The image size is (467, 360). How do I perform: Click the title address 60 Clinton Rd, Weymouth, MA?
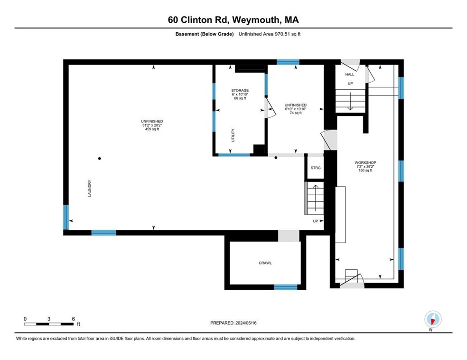click(x=233, y=19)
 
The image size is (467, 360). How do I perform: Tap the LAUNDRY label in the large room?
click(x=89, y=188)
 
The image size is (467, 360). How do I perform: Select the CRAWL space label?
click(x=265, y=263)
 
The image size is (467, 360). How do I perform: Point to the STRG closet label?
click(x=316, y=168)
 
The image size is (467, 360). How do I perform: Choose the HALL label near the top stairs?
click(x=349, y=75)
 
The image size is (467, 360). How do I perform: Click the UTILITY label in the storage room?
click(x=233, y=135)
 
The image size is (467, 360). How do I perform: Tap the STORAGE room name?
click(x=240, y=90)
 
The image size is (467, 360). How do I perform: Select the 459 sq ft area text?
click(x=152, y=130)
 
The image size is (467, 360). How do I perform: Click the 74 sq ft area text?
click(x=295, y=113)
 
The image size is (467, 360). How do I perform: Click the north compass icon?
click(x=432, y=319)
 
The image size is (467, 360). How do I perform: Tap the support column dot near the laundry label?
click(x=99, y=158)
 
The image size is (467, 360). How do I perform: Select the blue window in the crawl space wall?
click(x=286, y=287)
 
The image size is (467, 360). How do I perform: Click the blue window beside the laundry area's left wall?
click(x=66, y=217)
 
